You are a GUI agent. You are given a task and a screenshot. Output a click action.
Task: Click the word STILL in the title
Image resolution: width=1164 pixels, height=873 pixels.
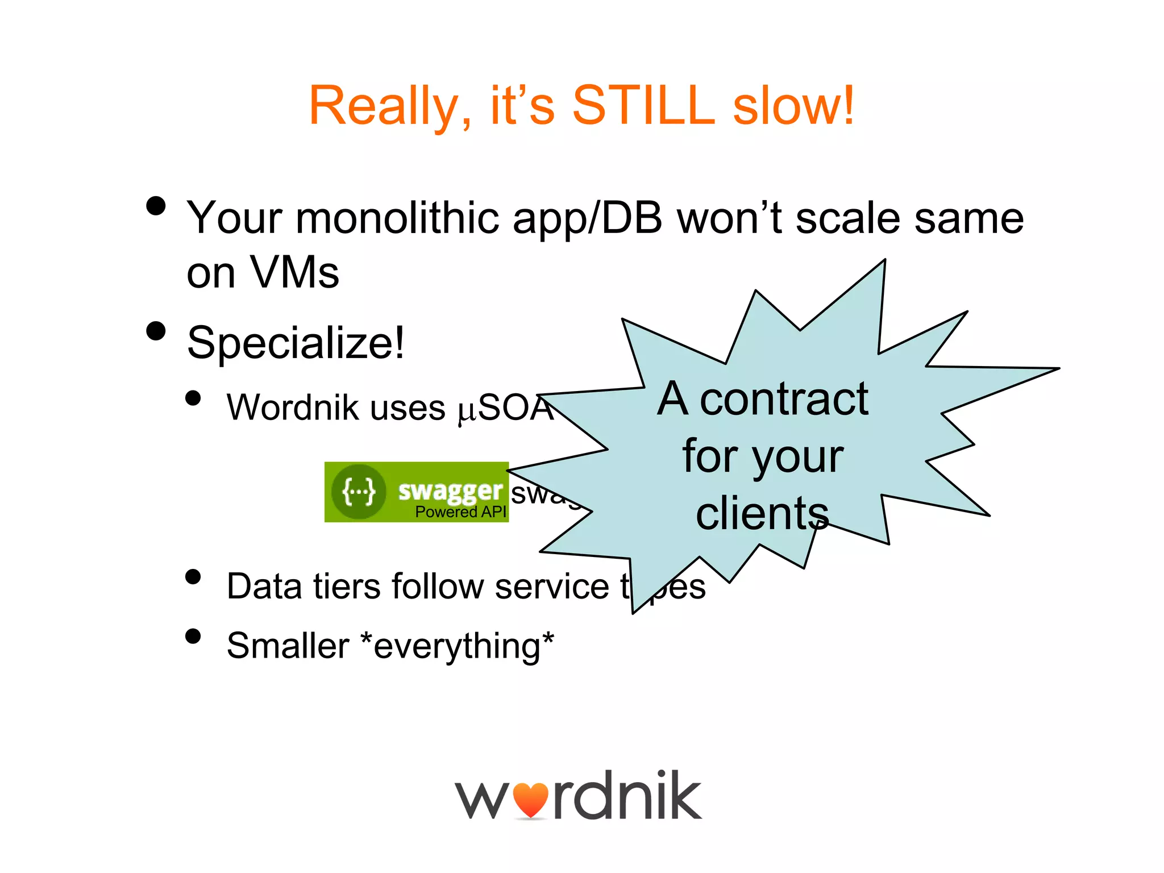(x=643, y=106)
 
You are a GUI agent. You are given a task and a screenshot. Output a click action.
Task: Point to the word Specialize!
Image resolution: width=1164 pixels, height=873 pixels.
(x=296, y=343)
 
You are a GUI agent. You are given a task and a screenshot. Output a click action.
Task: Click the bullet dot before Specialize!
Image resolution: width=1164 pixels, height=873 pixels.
(x=156, y=331)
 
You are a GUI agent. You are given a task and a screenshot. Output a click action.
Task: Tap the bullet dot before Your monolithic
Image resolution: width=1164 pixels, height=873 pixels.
(x=156, y=206)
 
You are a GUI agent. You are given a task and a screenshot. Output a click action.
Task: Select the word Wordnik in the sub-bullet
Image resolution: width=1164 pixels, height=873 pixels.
(x=292, y=408)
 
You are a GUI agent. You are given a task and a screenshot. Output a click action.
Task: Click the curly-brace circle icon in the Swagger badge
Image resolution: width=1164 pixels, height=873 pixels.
(x=359, y=492)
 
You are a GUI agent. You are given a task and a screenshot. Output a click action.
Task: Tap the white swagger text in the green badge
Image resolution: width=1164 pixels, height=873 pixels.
(x=450, y=490)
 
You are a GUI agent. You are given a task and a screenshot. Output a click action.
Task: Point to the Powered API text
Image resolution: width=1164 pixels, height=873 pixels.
(x=460, y=512)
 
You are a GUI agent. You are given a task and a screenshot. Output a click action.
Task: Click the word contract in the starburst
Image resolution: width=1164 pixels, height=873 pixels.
(x=784, y=400)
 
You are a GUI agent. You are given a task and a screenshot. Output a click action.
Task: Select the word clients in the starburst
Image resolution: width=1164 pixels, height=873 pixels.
(x=762, y=514)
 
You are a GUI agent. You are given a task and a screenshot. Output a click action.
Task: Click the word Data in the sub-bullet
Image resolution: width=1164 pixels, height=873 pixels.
(x=264, y=586)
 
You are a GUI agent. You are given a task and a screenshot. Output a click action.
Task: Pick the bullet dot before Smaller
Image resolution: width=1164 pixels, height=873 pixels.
(x=193, y=636)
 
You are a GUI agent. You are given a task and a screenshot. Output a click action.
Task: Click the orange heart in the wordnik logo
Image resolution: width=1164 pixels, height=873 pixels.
(x=530, y=800)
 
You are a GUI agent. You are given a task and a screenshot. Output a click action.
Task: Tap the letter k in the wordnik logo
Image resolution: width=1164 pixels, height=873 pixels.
(x=681, y=795)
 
